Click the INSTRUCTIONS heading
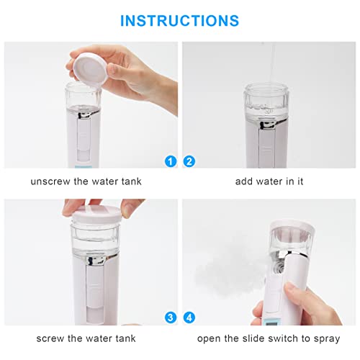[x=179, y=20]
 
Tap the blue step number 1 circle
[x=170, y=161]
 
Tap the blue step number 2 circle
[x=190, y=161]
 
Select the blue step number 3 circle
[x=170, y=318]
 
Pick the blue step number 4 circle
[x=190, y=318]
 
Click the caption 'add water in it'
[x=269, y=181]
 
